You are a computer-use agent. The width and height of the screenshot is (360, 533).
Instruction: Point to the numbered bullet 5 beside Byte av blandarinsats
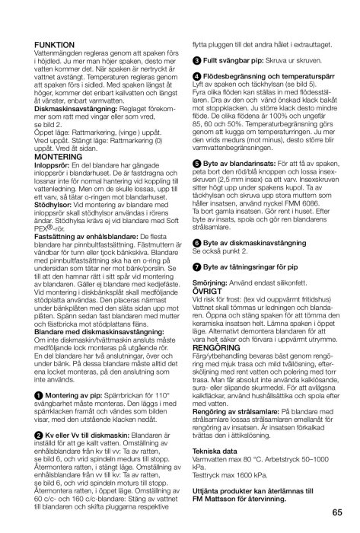point(196,182)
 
